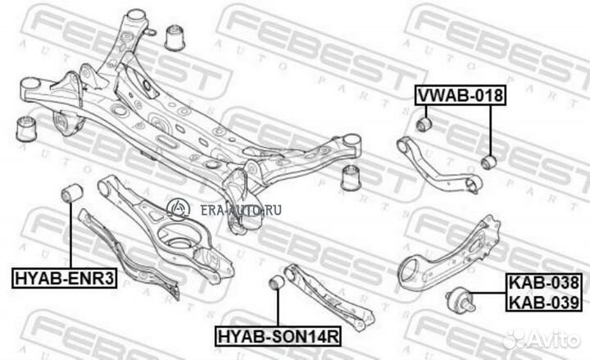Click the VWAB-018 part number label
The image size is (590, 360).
pos(461,95)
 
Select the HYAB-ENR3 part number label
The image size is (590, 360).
pos(65,278)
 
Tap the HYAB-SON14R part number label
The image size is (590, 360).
pos(279,336)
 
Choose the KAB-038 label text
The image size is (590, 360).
pos(544,282)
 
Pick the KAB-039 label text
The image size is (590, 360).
pos(544,302)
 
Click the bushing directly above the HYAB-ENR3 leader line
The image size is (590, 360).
pos(72,193)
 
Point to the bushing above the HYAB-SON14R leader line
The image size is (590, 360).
pos(278,282)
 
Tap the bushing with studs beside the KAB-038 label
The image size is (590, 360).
pos(461,300)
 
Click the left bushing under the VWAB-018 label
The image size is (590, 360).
pos(424,124)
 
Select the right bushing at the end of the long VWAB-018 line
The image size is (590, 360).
pos(489,162)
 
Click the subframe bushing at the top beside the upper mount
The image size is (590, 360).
pos(175,37)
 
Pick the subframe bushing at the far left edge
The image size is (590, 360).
pos(26,129)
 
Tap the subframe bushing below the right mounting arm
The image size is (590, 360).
pos(351,177)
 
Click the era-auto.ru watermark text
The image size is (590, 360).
pos(241,210)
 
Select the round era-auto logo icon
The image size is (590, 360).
pos(178,209)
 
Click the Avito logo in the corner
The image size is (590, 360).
pos(542,339)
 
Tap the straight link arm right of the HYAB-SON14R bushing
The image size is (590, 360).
pos(329,298)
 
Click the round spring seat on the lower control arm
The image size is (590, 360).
pos(178,238)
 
